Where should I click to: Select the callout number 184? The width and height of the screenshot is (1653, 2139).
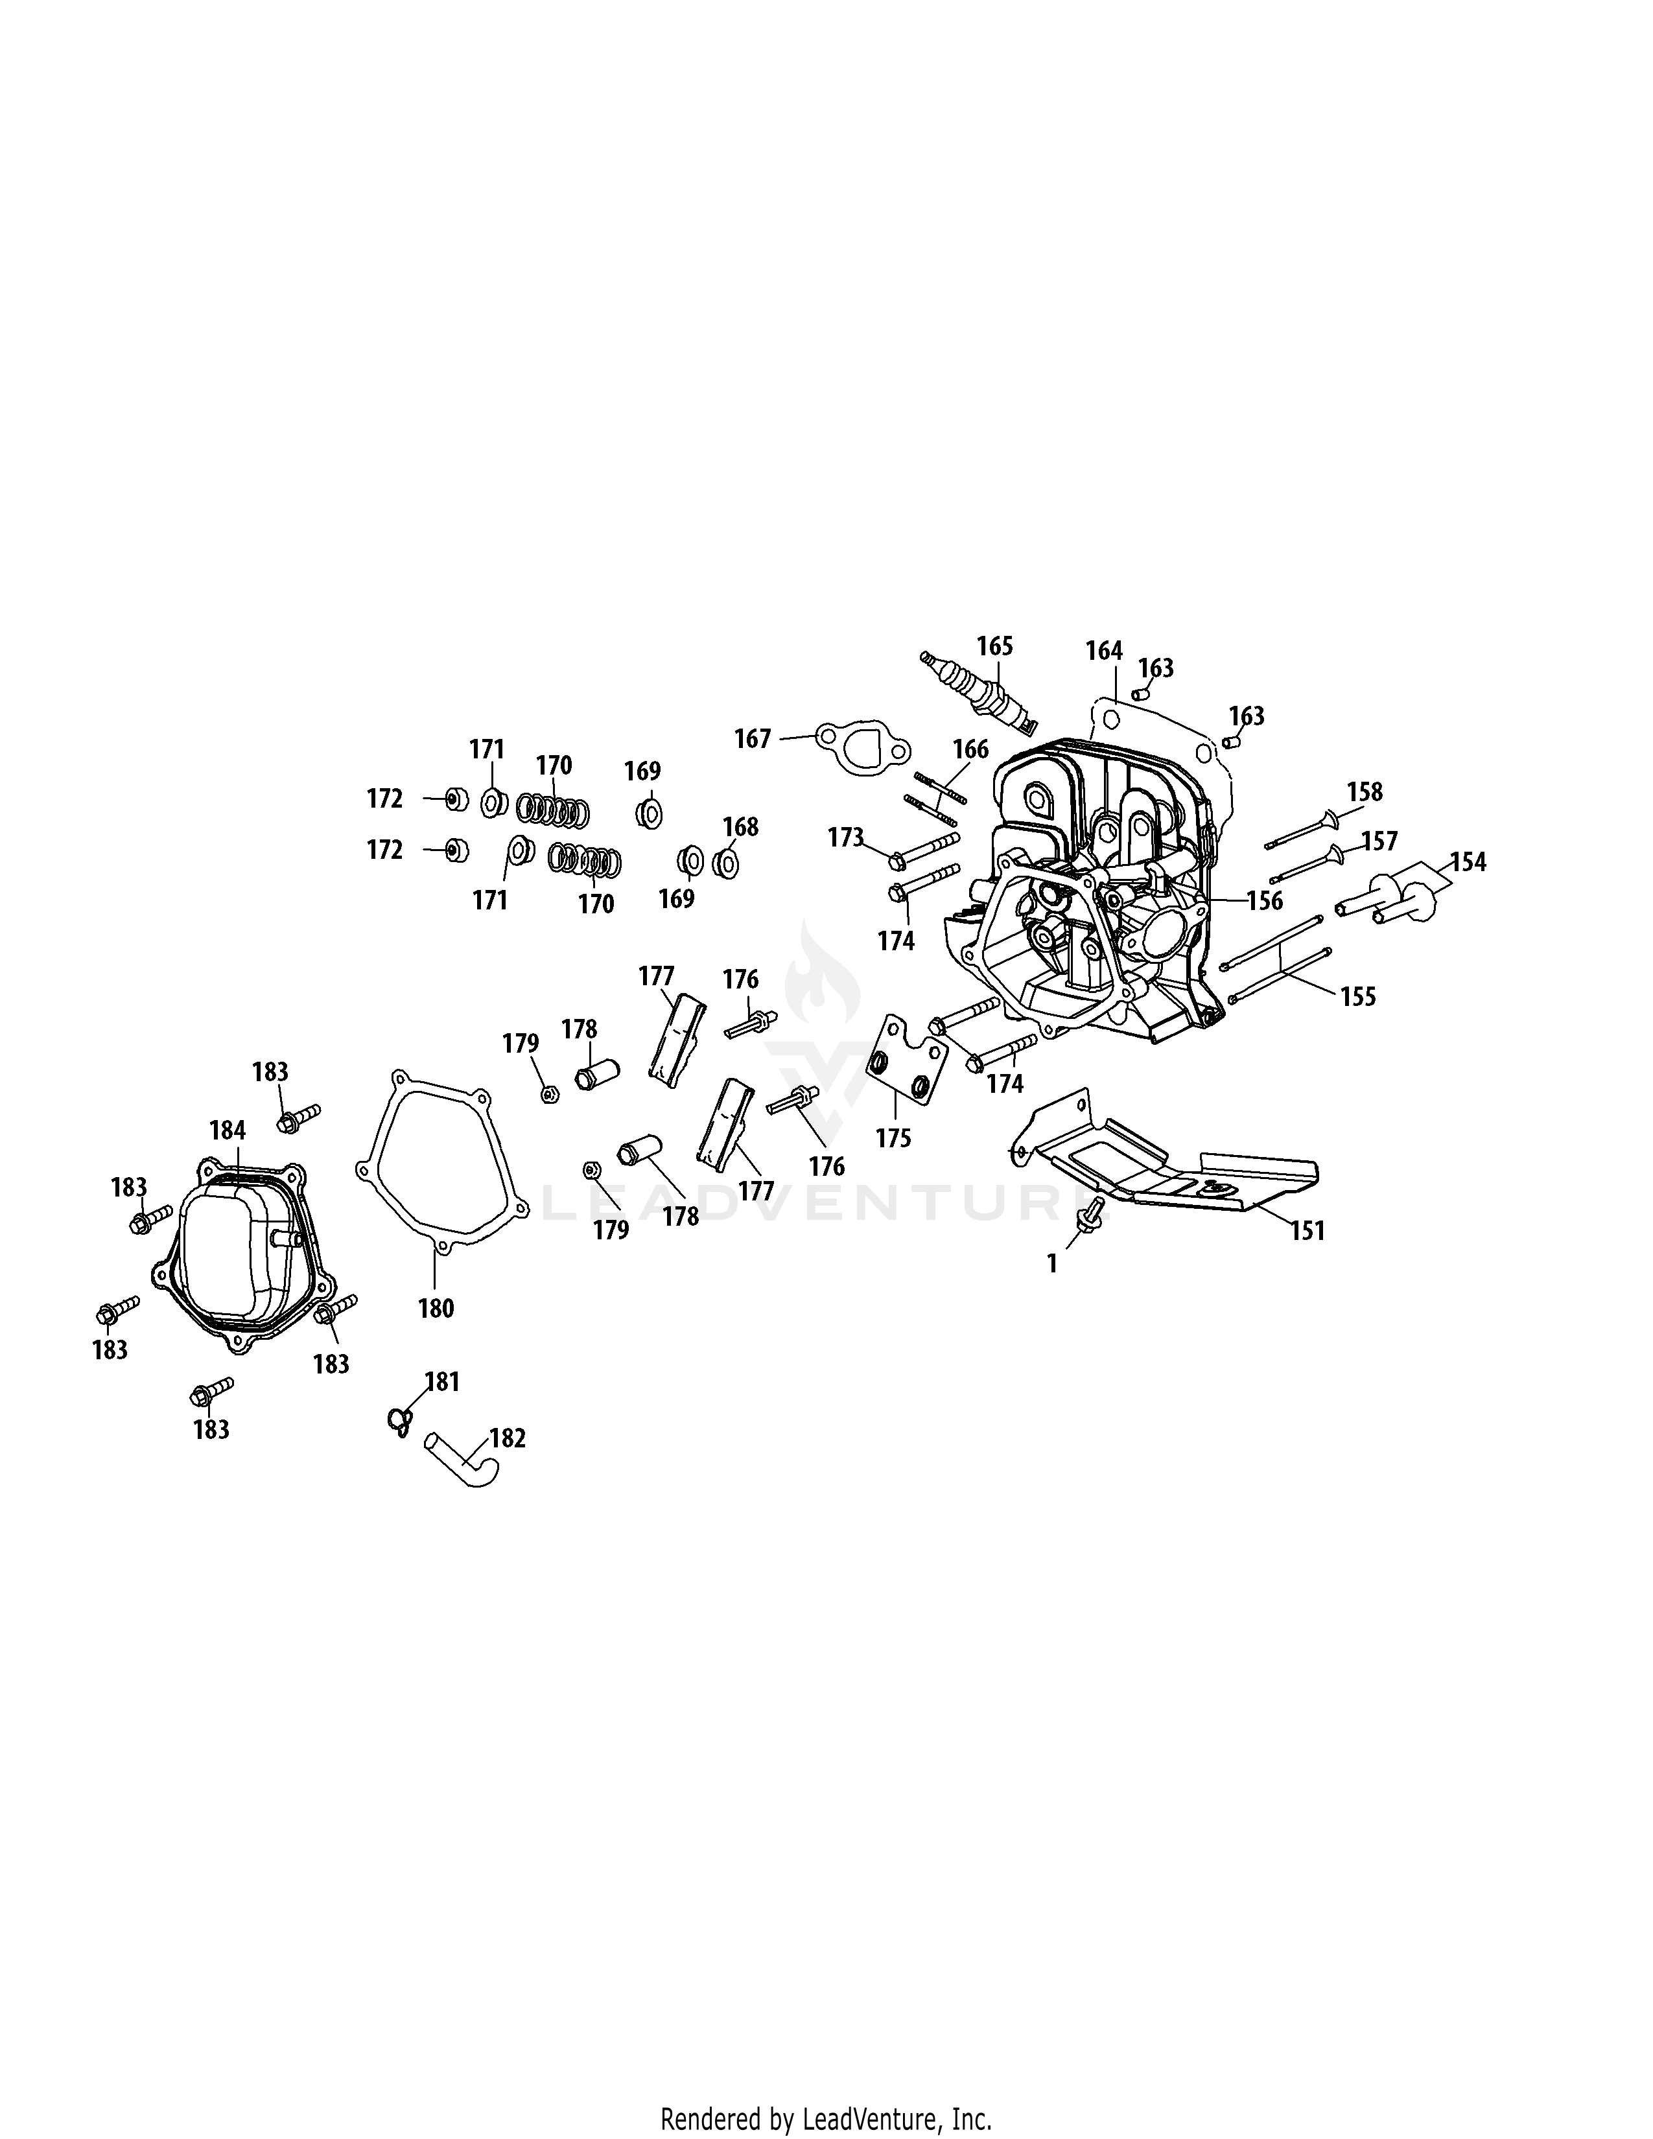(x=227, y=1130)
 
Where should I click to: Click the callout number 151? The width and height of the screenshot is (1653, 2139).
(x=1307, y=1230)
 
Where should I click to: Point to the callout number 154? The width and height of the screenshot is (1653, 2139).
(x=1468, y=863)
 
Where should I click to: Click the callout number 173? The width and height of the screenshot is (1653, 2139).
(x=846, y=837)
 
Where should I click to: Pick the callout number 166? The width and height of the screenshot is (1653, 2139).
(x=970, y=750)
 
